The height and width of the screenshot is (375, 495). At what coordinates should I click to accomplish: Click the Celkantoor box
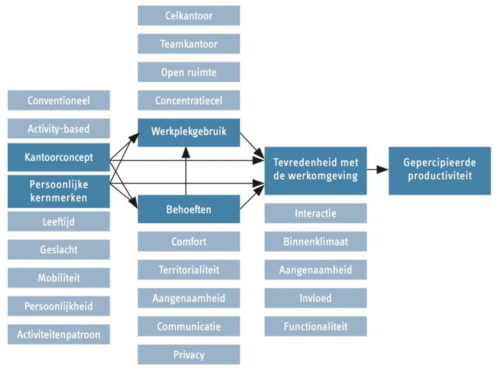[188, 15]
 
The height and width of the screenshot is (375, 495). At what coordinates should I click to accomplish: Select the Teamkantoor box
[188, 44]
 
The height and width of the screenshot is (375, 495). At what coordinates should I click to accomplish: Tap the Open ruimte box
[188, 72]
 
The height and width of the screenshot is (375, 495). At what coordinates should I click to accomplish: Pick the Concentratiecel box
[188, 100]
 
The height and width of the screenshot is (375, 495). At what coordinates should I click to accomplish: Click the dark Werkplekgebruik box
[188, 133]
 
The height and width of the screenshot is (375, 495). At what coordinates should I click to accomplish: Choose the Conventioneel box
[59, 100]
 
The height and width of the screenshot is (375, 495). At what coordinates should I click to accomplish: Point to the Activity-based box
[59, 129]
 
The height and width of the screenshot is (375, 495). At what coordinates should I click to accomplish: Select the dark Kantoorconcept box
[59, 158]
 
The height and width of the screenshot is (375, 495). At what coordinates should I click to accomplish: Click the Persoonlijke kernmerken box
[59, 191]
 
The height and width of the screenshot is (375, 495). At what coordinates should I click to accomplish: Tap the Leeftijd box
[59, 221]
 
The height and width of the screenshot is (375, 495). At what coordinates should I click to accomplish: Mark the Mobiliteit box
[59, 278]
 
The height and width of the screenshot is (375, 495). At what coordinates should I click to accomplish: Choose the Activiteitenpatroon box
[59, 334]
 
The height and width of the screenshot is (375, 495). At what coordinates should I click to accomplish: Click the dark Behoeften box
[188, 209]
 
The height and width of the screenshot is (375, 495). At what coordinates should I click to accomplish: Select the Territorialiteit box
[188, 270]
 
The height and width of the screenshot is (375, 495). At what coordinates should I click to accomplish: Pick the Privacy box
[188, 354]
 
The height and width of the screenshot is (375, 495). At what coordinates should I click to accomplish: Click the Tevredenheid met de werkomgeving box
[315, 170]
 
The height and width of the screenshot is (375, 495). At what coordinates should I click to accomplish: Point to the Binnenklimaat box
[315, 241]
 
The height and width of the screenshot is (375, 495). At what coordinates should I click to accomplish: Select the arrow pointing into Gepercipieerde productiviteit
[378, 170]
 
